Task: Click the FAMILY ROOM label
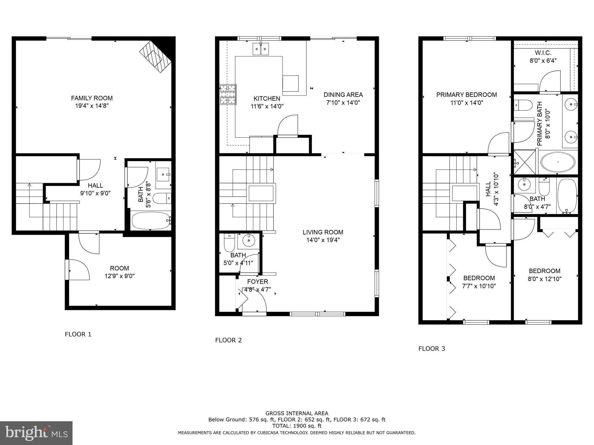(92, 98)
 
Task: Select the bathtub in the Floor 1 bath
(150, 220)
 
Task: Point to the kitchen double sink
(260, 49)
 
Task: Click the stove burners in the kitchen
(228, 94)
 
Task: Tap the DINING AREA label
(343, 95)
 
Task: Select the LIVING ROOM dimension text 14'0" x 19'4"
(323, 240)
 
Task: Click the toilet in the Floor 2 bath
(229, 243)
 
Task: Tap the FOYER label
(258, 282)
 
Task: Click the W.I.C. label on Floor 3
(543, 53)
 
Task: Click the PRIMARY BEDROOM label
(466, 95)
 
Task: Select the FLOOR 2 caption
(228, 340)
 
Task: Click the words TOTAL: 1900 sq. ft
(297, 426)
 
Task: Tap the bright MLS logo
(36, 433)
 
